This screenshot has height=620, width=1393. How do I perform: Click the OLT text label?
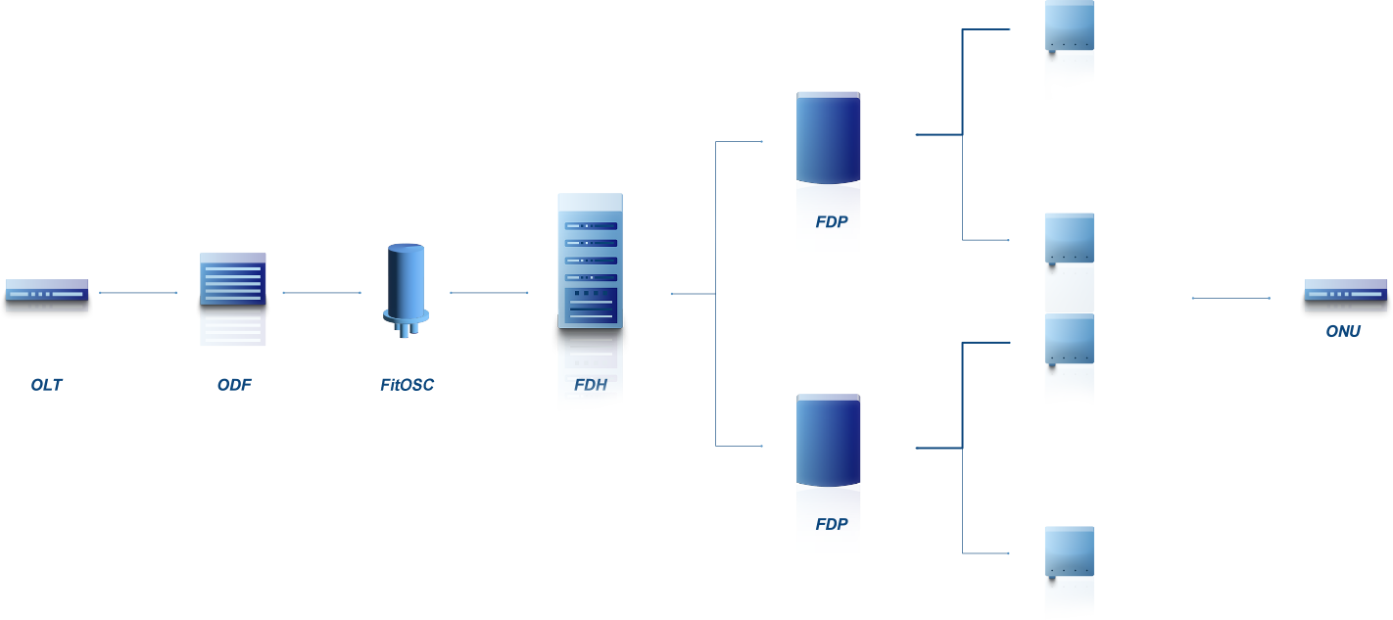[x=46, y=385]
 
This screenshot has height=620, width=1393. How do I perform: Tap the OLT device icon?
[x=46, y=290]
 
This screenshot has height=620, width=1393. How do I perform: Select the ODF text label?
[x=234, y=385]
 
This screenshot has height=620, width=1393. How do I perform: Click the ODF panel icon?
[x=233, y=278]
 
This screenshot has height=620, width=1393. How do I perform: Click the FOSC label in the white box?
[x=408, y=385]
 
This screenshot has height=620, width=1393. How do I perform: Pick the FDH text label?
[x=591, y=386]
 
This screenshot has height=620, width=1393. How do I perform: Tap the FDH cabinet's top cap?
[x=590, y=203]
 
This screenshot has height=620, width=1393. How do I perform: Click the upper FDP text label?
[x=831, y=222]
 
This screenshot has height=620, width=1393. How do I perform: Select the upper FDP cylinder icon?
[x=829, y=138]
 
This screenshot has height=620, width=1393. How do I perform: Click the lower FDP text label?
[x=831, y=524]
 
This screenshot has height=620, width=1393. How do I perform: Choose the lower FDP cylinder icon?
[x=829, y=440]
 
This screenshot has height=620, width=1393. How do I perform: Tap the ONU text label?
[x=1343, y=332]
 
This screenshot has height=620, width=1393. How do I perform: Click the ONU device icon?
[x=1345, y=290]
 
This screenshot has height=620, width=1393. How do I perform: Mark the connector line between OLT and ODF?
[x=138, y=292]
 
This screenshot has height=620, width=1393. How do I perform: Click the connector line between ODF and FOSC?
[x=321, y=292]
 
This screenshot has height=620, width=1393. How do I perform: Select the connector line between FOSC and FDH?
[x=489, y=292]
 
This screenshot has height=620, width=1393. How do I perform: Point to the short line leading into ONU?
[x=1230, y=298]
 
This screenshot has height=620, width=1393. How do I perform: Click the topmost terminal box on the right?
[x=1069, y=49]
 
